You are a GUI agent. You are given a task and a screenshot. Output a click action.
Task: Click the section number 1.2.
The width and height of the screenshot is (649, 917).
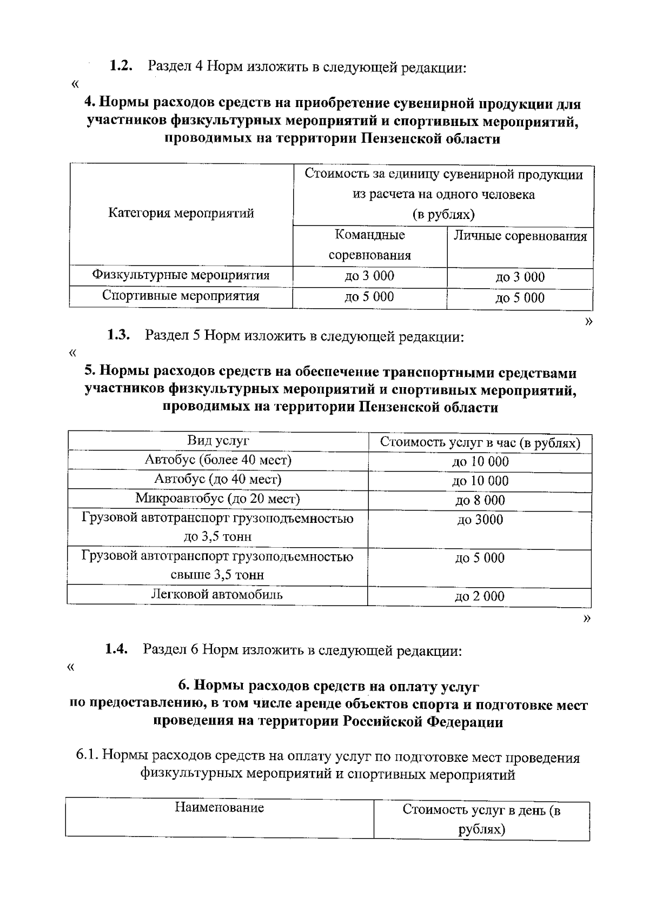click(x=121, y=67)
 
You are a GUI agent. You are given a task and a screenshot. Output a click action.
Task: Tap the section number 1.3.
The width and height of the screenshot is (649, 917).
click(x=118, y=335)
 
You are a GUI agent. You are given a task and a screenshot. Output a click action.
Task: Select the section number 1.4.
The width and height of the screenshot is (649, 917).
click(x=116, y=649)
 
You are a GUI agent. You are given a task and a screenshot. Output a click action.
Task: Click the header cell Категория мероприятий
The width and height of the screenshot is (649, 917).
click(x=181, y=213)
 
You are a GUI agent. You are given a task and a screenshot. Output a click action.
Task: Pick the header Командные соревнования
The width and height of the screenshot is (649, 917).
click(x=370, y=245)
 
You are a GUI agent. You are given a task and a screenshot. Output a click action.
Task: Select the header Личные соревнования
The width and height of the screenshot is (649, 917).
click(x=520, y=236)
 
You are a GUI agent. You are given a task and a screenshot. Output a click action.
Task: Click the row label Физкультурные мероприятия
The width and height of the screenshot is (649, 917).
click(x=181, y=275)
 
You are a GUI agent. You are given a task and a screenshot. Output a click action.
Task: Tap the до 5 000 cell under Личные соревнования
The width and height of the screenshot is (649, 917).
click(x=520, y=298)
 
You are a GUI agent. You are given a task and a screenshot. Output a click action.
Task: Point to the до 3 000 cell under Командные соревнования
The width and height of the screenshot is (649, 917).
click(x=370, y=276)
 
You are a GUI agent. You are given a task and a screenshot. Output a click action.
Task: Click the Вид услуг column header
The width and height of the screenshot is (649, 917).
click(x=218, y=440)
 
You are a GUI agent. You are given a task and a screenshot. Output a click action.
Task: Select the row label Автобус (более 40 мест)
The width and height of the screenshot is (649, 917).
click(x=218, y=460)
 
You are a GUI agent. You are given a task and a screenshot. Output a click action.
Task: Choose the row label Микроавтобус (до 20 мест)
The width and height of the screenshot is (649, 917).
click(x=218, y=498)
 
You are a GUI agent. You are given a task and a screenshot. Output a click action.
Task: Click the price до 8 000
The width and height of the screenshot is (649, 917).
click(x=480, y=500)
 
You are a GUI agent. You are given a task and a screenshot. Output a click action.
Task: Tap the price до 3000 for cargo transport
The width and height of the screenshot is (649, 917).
click(x=480, y=520)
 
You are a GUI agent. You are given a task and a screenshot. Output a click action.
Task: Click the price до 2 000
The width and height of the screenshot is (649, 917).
click(x=479, y=596)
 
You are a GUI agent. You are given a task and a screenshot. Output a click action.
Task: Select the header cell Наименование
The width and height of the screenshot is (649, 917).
click(x=219, y=808)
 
